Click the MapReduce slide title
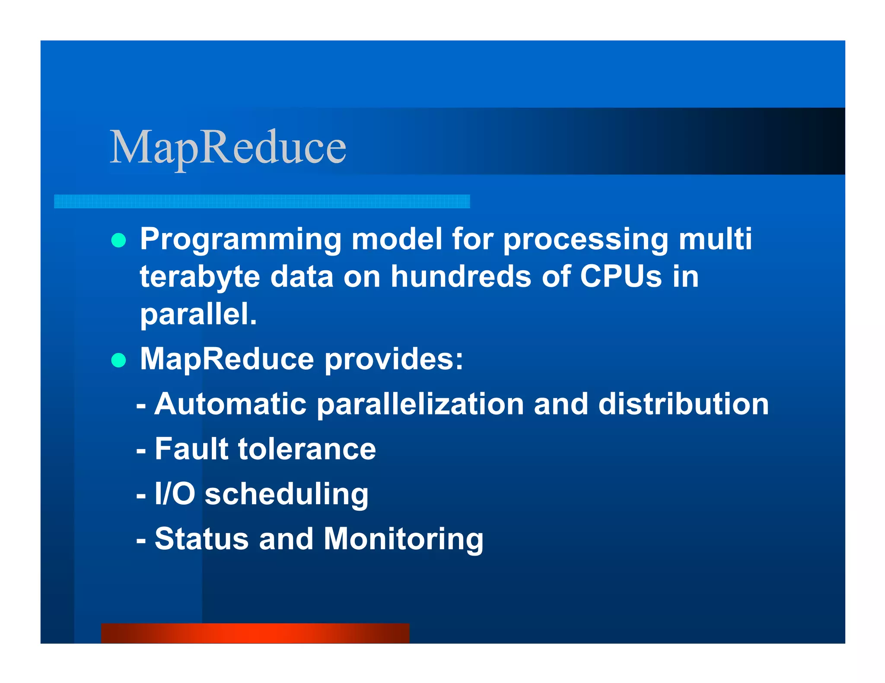228,148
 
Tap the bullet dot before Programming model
118,240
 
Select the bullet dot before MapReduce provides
118,360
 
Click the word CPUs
621,276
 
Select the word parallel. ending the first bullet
198,314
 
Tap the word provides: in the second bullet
394,359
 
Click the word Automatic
230,404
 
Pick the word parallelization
420,405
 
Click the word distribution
683,404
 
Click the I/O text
175,494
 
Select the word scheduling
286,495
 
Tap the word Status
201,539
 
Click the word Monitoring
403,540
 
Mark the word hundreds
461,276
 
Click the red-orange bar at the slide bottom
255,633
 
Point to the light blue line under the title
262,202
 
